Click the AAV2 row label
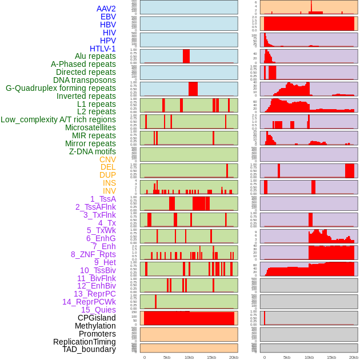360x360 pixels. coord(106,9)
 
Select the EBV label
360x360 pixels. coord(108,17)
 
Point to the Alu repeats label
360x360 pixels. coord(95,56)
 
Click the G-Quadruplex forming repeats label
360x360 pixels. coord(61,88)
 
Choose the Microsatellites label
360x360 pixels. coord(90,127)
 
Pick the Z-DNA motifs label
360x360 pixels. coord(92,151)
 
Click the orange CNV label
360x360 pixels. coord(107,159)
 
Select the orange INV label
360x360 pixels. coord(109,191)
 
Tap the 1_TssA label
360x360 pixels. coord(103,199)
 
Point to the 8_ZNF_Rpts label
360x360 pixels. coord(93,254)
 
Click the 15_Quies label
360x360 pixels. coord(98,310)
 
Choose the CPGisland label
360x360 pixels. coord(97,318)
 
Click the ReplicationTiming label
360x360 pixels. coord(84,342)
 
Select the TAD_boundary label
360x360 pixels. coord(89,349)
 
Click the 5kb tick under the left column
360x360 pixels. coord(167,357)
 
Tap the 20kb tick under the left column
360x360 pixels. coord(233,357)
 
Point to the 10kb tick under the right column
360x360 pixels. coord(309,357)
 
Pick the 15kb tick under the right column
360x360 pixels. coord(331,357)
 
